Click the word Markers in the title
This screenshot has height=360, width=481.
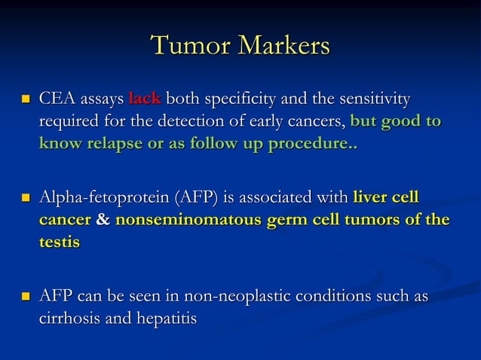(x=284, y=45)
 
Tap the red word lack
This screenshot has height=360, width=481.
(x=145, y=99)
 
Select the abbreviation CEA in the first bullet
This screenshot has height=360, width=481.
(x=57, y=99)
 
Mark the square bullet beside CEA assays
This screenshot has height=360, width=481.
(x=25, y=99)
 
